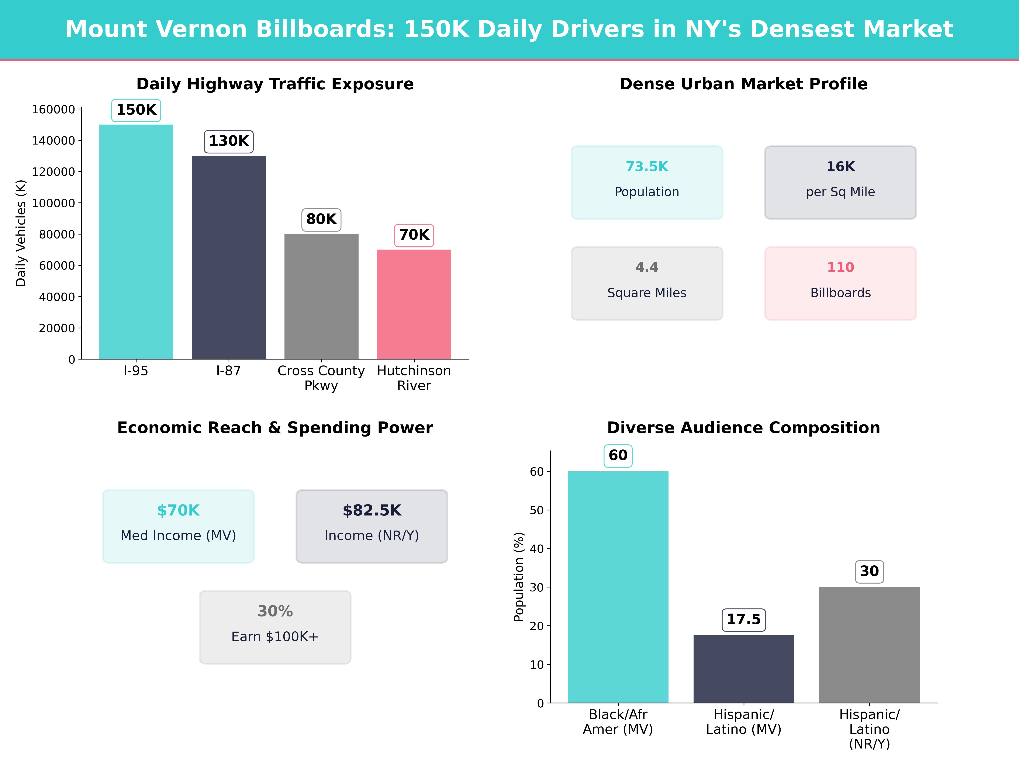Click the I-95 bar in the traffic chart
136,242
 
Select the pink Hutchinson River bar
414,304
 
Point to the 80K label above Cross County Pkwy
321,219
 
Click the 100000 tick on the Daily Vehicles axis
53,203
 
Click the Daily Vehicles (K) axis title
21,233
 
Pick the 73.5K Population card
647,182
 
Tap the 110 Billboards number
840,267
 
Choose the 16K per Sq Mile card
840,182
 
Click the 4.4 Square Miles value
647,267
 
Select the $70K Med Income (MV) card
178,526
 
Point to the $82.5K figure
372,510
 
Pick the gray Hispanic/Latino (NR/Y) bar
869,645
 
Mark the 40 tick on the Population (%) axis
537,549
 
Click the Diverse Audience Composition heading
743,428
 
